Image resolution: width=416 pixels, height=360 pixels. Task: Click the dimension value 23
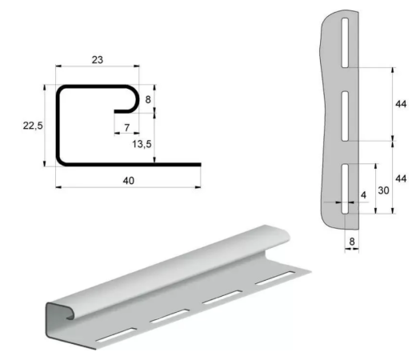tap(98, 60)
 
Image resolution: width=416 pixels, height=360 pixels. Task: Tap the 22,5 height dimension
tap(33, 126)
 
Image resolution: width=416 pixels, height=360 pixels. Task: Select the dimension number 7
tap(127, 127)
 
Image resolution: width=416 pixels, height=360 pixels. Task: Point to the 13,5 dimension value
tap(142, 144)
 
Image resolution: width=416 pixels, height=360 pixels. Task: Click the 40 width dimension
tap(128, 181)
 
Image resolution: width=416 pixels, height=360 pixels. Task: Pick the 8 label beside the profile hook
tap(148, 99)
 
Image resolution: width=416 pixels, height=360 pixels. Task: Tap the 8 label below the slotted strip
tap(352, 242)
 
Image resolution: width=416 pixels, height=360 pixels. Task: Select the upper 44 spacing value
tap(401, 104)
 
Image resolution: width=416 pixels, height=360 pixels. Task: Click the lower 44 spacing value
tap(401, 178)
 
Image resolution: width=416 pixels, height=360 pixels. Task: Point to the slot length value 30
tap(383, 190)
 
